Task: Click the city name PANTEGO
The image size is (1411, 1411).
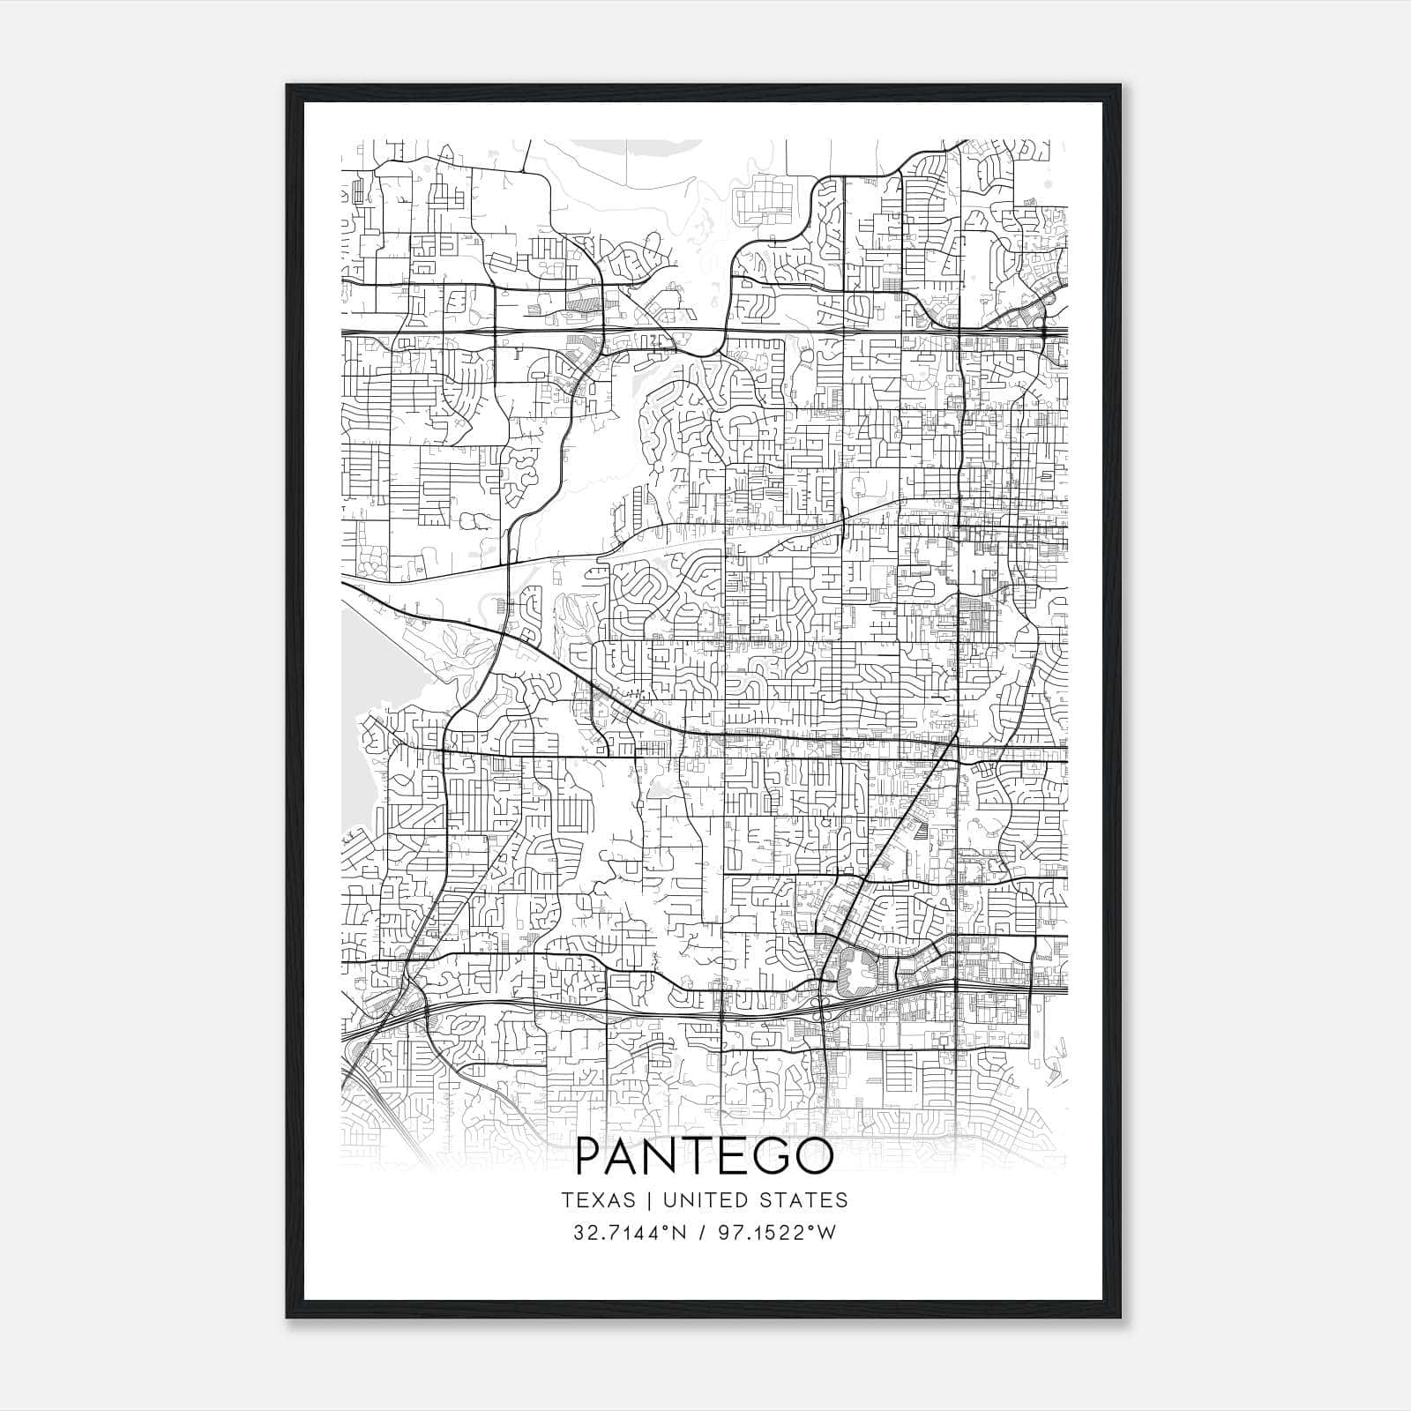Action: (704, 1158)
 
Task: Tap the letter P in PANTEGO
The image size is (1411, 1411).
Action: (589, 1158)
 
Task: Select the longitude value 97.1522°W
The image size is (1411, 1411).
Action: (776, 1233)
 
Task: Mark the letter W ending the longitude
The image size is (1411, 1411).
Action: (826, 1233)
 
